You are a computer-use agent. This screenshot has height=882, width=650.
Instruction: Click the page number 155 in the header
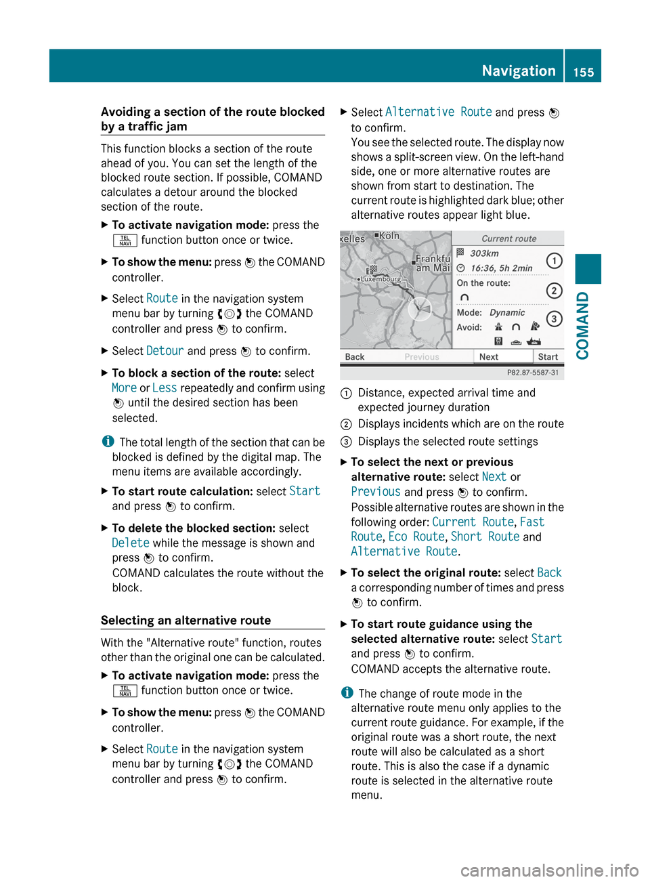tap(583, 72)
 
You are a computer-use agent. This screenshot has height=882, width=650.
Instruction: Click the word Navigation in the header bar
tap(519, 70)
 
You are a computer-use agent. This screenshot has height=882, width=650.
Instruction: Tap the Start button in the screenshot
tap(548, 357)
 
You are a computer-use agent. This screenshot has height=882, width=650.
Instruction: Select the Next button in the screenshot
tap(489, 357)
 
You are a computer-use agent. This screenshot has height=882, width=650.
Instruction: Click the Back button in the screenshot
tap(355, 357)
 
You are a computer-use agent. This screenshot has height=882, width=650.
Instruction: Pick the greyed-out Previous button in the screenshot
tap(422, 357)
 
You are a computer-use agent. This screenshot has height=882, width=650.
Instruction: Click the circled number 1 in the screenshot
tap(554, 261)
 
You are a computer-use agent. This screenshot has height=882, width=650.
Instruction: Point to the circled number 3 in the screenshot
tap(554, 319)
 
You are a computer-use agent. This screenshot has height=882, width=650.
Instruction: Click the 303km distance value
tap(484, 253)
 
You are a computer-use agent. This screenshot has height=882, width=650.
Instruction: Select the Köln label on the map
tap(389, 236)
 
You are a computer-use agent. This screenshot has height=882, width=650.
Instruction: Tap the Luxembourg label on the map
tap(381, 278)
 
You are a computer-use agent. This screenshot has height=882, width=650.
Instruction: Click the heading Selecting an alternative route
tap(186, 621)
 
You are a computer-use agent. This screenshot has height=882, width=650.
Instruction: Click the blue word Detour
tap(165, 351)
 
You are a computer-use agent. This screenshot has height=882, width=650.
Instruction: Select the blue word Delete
tap(131, 543)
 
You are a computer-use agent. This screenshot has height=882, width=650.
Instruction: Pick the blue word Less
tap(165, 388)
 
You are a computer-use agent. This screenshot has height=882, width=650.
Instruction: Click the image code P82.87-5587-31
tap(533, 373)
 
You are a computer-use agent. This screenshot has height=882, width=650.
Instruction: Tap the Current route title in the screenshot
tap(508, 238)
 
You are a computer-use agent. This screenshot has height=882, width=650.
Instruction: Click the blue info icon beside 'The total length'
tap(108, 442)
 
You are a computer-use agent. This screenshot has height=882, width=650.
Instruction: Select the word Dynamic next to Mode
tap(507, 312)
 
